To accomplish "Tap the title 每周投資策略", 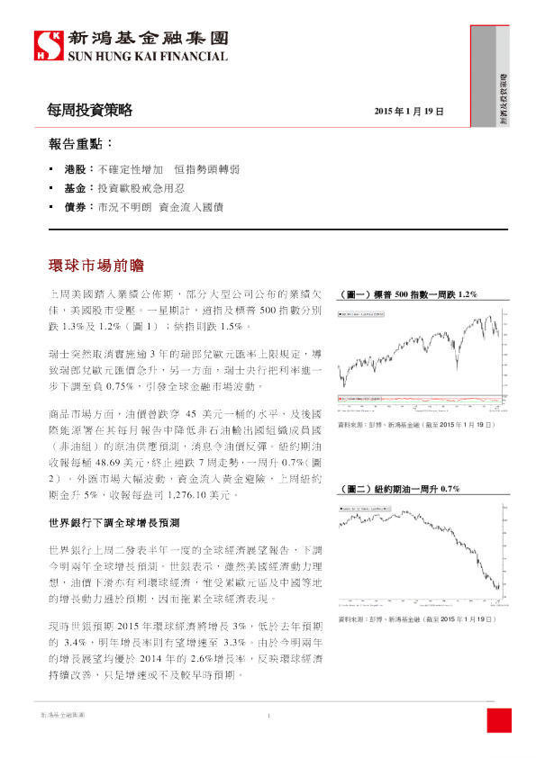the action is coord(90,111).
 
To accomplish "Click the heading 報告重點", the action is coord(81,144).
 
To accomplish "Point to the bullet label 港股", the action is coord(76,169).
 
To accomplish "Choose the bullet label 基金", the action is coord(76,188).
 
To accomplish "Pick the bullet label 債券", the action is coord(76,207).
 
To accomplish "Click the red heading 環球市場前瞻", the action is coord(95,266).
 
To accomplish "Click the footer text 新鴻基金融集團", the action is coord(63,717).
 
